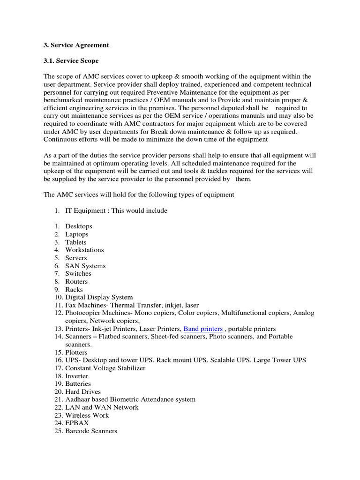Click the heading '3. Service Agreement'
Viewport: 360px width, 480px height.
[x=76, y=45]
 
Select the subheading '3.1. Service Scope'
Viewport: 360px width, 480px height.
[x=71, y=61]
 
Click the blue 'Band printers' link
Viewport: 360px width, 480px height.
[x=202, y=329]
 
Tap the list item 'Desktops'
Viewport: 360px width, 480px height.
[x=79, y=226]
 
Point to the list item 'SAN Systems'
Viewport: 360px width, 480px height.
[x=85, y=266]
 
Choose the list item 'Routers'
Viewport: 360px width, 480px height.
[x=76, y=282]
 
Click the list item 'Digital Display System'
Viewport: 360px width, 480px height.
[x=99, y=297]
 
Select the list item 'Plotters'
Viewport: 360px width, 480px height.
[x=76, y=352]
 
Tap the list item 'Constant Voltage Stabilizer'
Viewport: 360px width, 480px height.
[x=105, y=368]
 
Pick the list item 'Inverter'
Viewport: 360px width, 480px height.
[x=76, y=376]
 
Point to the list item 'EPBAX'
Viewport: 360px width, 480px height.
[x=77, y=423]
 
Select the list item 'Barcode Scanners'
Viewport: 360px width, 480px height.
[x=91, y=431]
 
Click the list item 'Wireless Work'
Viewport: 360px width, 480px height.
[x=87, y=415]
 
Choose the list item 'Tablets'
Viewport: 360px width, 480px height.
[x=76, y=242]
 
